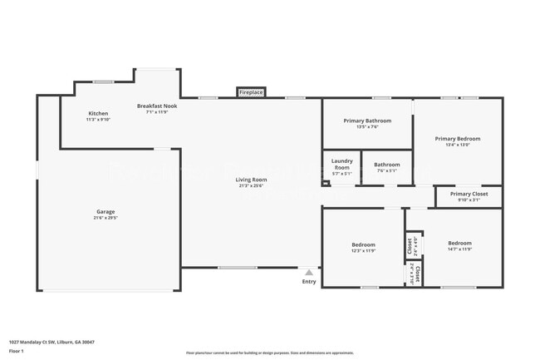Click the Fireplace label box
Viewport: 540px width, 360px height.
(x=251, y=92)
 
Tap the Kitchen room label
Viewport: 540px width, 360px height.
(x=98, y=113)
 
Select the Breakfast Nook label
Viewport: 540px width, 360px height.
(x=156, y=106)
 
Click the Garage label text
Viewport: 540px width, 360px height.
(x=106, y=211)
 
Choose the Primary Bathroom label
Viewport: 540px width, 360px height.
(x=366, y=121)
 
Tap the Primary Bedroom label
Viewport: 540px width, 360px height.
(x=457, y=139)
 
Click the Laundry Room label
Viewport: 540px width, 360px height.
(x=341, y=164)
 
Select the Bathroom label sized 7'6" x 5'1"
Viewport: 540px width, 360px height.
(x=386, y=165)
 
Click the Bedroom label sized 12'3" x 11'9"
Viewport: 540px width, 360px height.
(x=363, y=244)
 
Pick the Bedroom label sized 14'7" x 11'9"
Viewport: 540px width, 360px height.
(x=459, y=244)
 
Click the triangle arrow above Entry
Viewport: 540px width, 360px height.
(x=309, y=272)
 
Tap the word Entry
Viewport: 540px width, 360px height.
(x=309, y=282)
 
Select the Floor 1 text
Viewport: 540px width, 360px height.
(x=17, y=351)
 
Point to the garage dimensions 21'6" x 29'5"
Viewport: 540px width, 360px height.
(x=106, y=218)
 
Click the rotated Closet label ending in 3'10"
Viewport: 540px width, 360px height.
(x=417, y=274)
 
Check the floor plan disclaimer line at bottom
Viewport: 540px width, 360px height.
(x=269, y=353)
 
